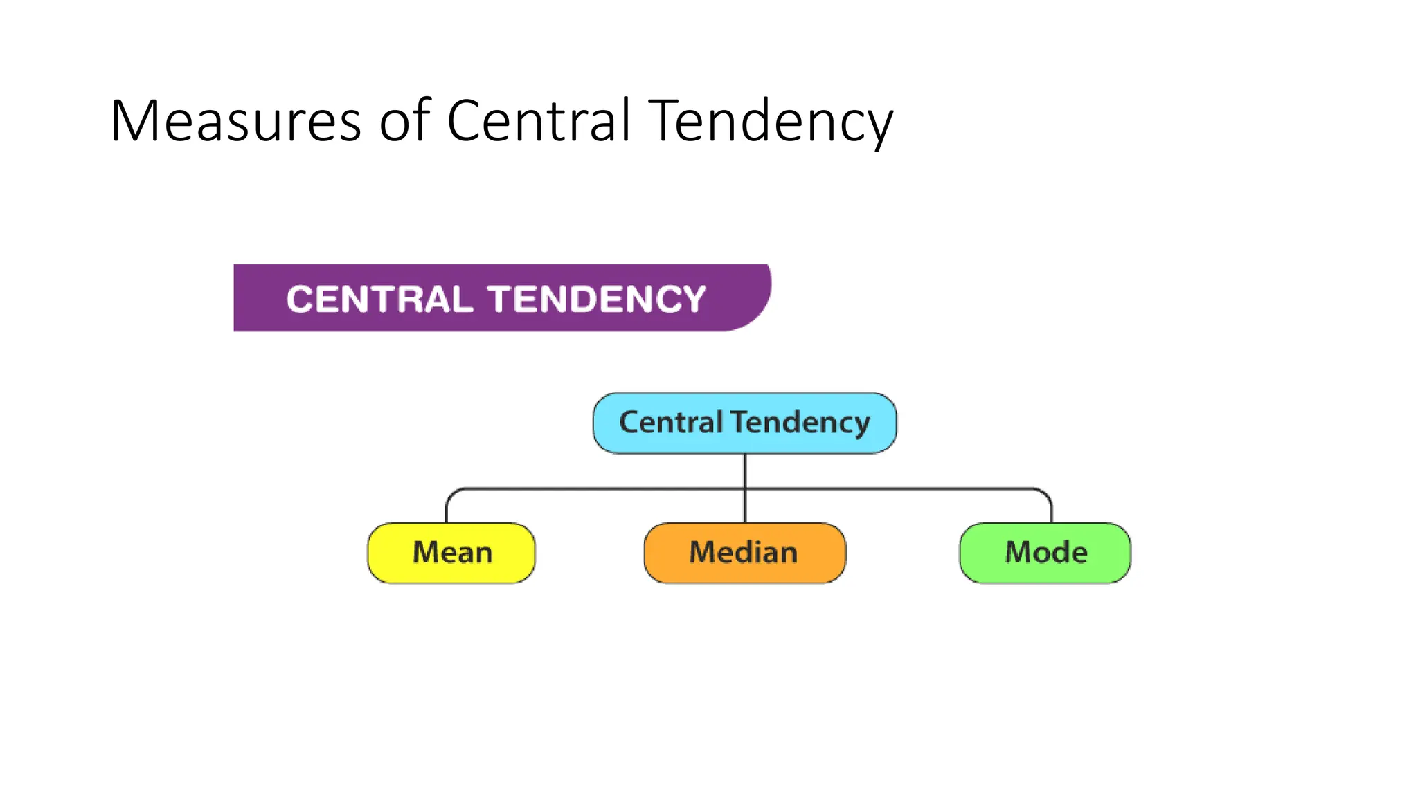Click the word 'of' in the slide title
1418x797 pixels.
[404, 122]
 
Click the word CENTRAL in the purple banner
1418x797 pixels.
[379, 300]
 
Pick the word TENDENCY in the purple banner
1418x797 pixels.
[596, 300]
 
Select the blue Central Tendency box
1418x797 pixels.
[744, 423]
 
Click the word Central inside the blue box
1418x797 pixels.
[670, 422]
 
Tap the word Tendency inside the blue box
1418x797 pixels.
[801, 423]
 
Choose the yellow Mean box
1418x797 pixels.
[451, 553]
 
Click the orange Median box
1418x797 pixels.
[744, 553]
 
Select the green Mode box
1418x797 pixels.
[1045, 553]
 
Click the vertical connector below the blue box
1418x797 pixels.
[745, 470]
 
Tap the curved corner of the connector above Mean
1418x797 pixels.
[451, 493]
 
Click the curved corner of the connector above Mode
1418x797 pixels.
[1047, 493]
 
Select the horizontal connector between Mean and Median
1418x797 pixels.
[595, 489]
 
